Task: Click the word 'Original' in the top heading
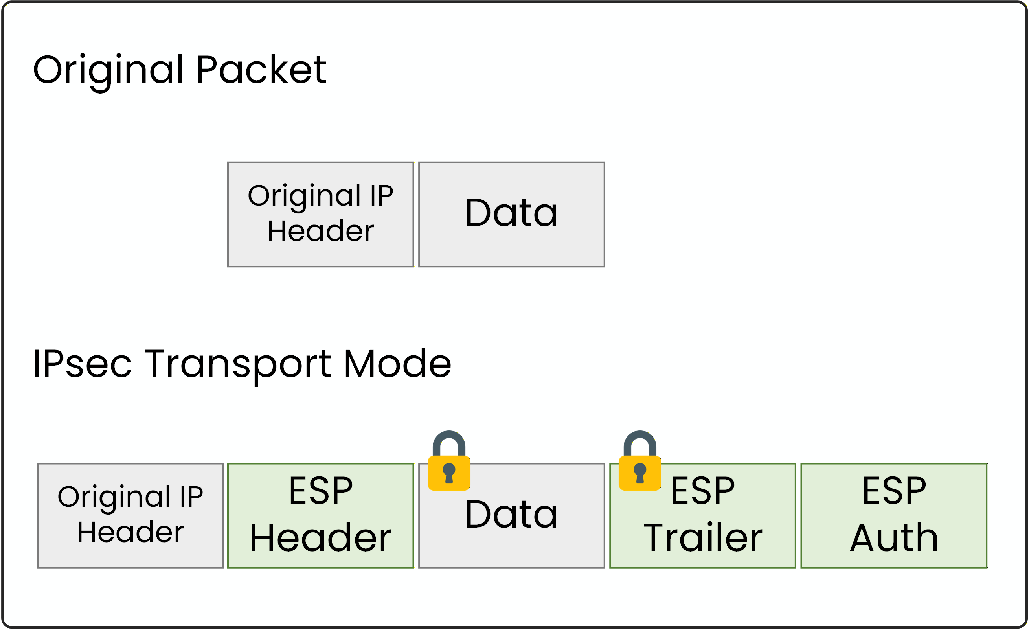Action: tap(108, 70)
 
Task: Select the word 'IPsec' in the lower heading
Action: tap(82, 364)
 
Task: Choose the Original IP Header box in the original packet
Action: tap(320, 214)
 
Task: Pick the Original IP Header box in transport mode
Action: tap(130, 515)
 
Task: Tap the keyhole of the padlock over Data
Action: tap(449, 473)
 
